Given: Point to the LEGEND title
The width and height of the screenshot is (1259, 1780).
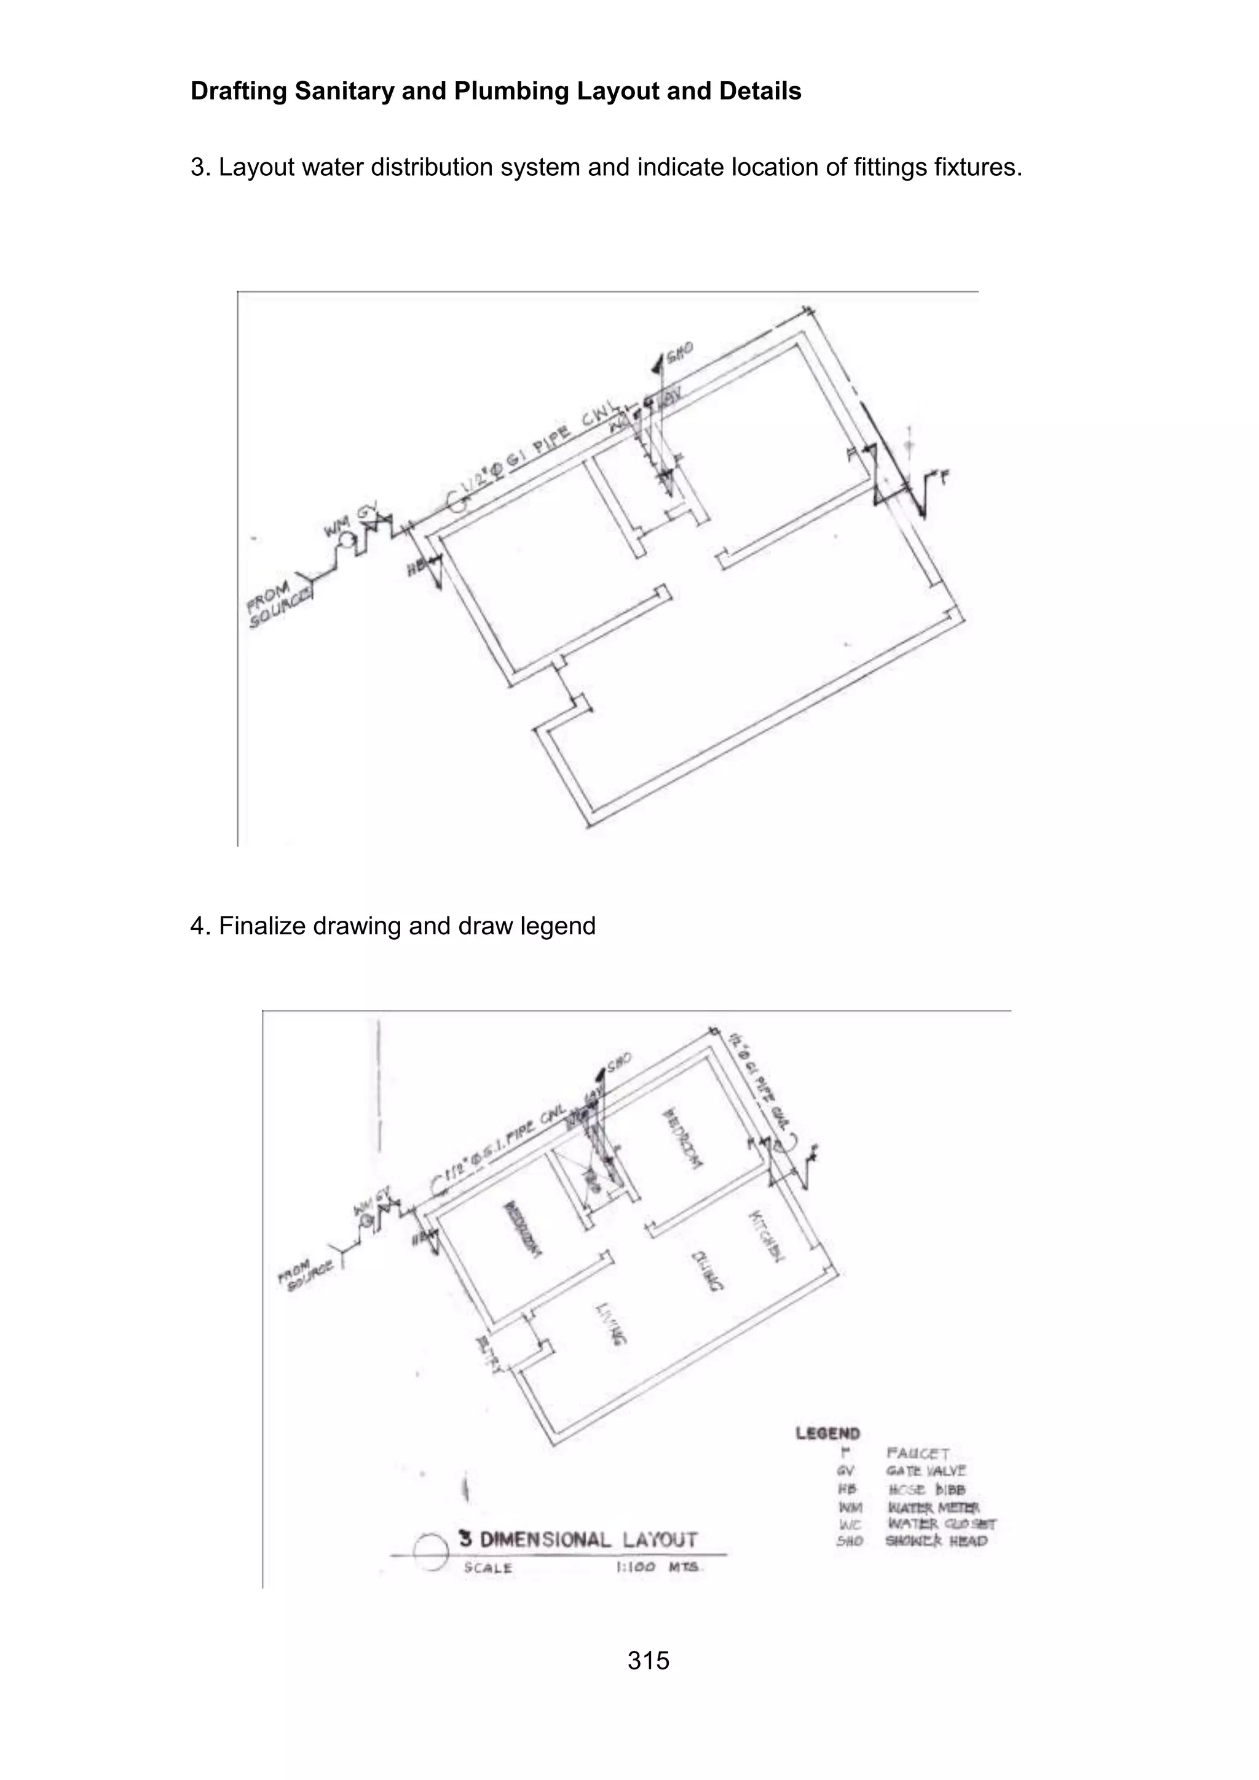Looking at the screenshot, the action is click(827, 1433).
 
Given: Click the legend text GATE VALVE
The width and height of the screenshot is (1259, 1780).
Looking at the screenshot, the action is click(926, 1471).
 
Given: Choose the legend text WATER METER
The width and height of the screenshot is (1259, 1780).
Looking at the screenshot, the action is click(933, 1507).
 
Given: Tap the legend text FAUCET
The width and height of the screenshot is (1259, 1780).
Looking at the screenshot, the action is click(918, 1454).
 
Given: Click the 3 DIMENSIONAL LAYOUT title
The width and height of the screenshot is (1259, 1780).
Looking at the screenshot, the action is click(578, 1540).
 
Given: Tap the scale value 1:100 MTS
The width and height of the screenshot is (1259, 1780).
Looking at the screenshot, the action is click(657, 1567).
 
